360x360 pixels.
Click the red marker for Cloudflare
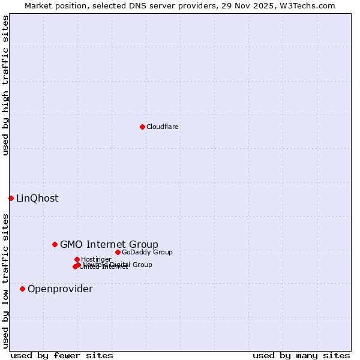click(142, 127)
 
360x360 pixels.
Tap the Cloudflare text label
click(162, 127)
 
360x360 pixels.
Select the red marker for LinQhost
click(11, 198)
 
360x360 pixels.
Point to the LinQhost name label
click(37, 198)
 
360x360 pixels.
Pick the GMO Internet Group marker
click(55, 244)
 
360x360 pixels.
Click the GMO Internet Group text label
click(109, 244)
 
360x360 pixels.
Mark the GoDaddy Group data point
click(118, 252)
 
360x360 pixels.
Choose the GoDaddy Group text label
click(147, 252)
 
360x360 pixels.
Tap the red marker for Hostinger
click(77, 259)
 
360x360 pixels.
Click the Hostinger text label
click(96, 259)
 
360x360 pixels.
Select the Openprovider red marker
click(22, 289)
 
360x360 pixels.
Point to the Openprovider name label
click(60, 289)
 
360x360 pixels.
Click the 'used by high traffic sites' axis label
click(5, 85)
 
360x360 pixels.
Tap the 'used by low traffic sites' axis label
click(5, 281)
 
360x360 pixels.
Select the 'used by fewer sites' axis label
click(62, 355)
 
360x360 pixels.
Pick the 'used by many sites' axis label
click(301, 355)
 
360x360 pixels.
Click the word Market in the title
click(39, 6)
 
